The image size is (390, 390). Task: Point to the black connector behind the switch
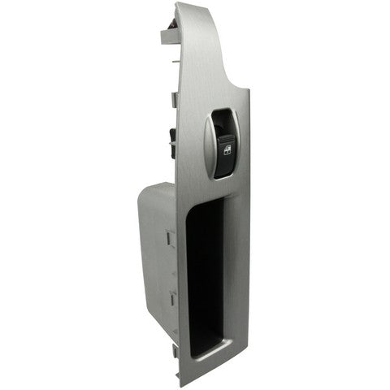pos(171,142)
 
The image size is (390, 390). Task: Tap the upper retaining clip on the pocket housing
pos(171,238)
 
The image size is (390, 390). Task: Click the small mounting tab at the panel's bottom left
pos(176,353)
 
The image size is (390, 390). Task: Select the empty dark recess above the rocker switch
pos(224,122)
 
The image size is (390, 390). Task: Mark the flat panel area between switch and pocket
pos(219,188)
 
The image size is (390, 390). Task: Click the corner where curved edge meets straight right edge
pos(249,91)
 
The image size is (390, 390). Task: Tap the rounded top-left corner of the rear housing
pos(146,188)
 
